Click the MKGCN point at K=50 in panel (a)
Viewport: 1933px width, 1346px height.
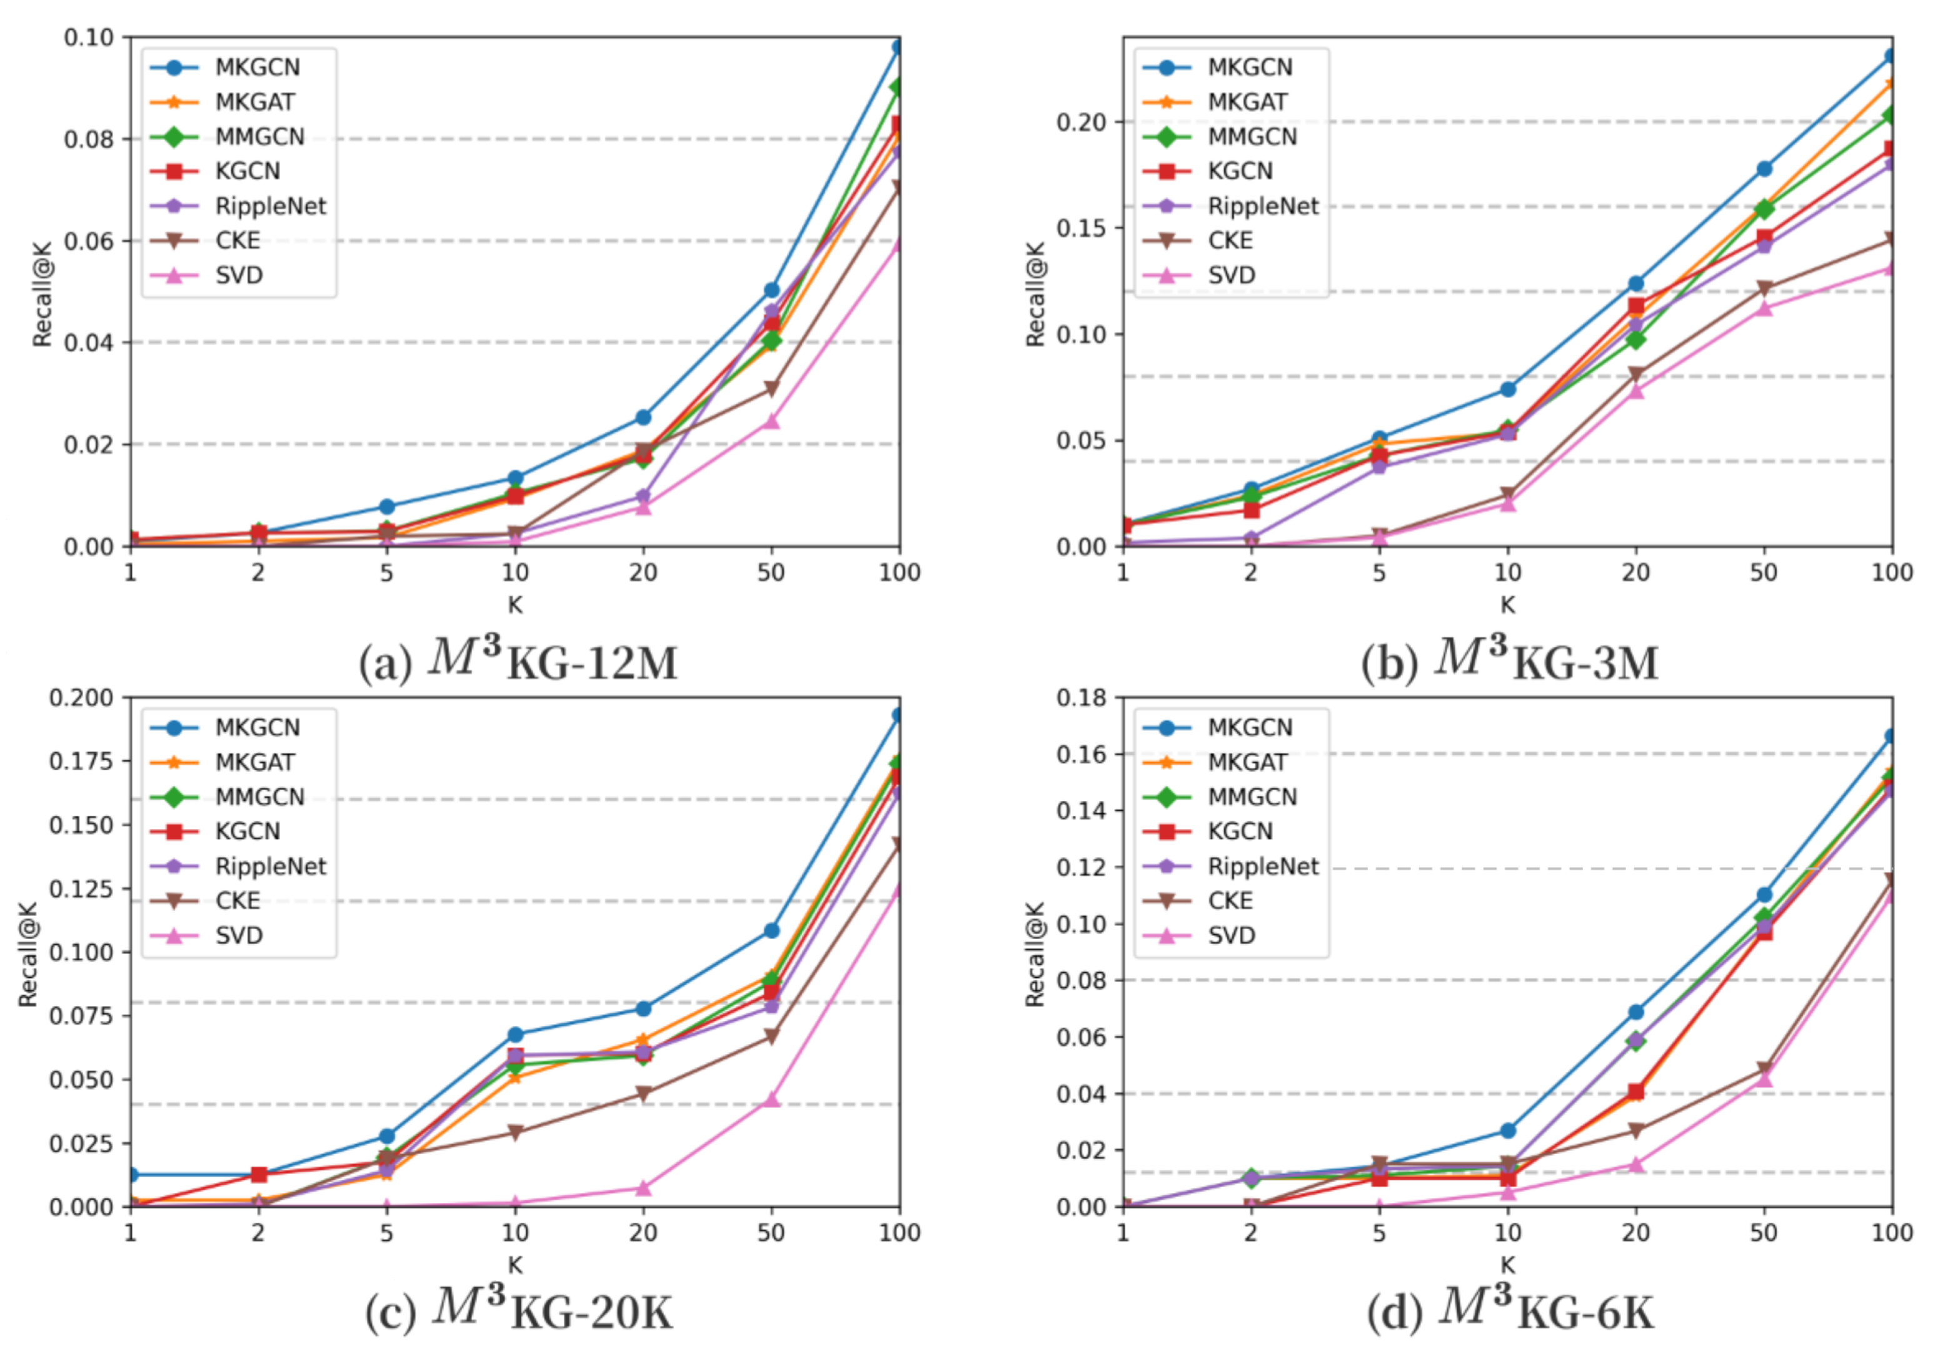(x=771, y=289)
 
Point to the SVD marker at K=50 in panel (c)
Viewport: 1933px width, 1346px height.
(x=771, y=1099)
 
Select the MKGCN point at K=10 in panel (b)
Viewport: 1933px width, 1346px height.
(x=1508, y=389)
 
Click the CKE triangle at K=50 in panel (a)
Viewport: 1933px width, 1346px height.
(x=771, y=388)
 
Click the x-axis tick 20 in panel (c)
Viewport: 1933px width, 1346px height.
(x=643, y=1233)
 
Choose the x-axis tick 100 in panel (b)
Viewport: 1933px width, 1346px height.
(x=1892, y=573)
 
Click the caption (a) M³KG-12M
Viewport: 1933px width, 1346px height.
(x=518, y=661)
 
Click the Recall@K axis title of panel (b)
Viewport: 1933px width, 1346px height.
(x=1035, y=294)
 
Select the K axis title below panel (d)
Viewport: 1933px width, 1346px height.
(x=1507, y=1264)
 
